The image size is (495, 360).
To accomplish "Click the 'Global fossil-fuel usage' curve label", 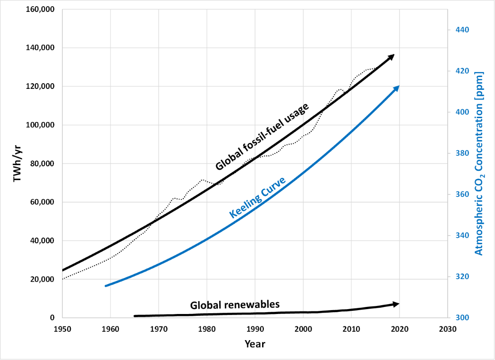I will [262, 137].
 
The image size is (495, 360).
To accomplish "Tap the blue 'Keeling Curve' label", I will [258, 197].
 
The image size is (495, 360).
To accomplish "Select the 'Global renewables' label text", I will [235, 305].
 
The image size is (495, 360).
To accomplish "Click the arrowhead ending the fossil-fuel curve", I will [391, 57].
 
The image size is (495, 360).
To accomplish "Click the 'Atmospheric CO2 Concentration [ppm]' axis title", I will [479, 164].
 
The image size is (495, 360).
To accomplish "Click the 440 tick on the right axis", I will [459, 30].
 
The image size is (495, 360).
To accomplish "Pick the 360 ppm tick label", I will [459, 194].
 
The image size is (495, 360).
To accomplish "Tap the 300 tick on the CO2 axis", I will [459, 318].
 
